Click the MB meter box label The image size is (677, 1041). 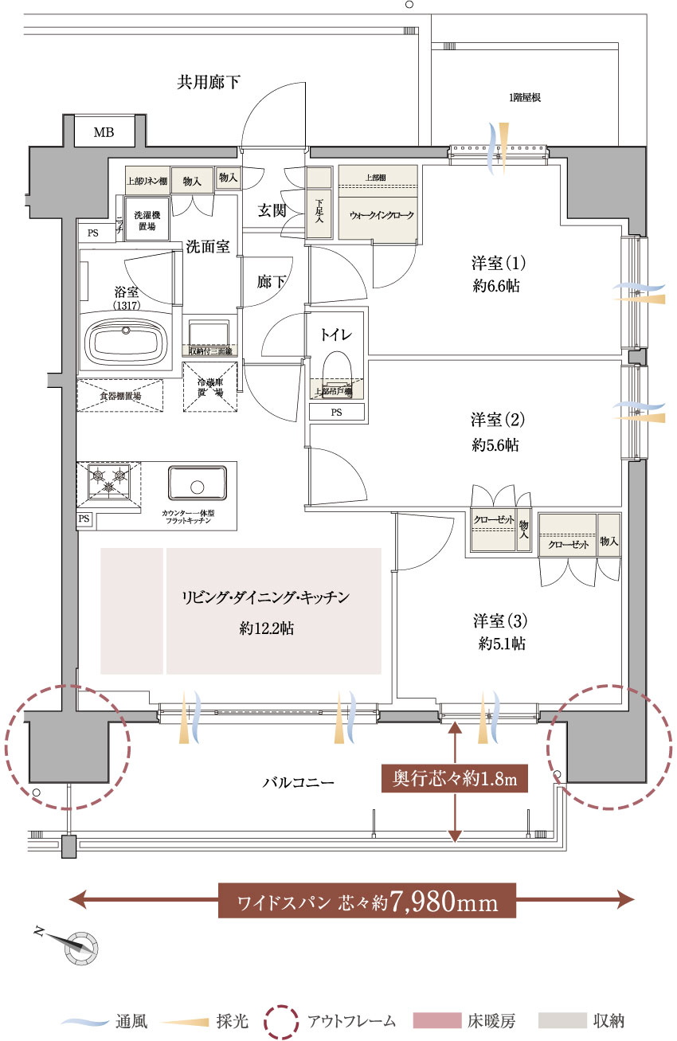tap(104, 132)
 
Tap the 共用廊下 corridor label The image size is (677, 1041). tap(209, 81)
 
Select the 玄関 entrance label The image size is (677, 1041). tap(272, 210)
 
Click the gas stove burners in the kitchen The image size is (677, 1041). tap(109, 479)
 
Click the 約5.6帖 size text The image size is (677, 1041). tap(495, 445)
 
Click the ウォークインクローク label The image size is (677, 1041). tap(378, 215)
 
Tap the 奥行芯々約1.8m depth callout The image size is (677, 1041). tap(455, 778)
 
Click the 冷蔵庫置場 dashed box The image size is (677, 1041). tap(211, 386)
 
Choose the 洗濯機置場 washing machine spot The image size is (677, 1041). tap(146, 221)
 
